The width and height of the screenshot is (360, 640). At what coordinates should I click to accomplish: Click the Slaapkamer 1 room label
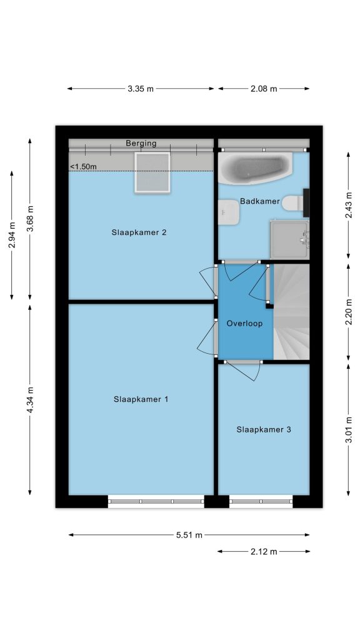[x=141, y=399]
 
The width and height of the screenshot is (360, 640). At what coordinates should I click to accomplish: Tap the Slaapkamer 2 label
[x=139, y=232]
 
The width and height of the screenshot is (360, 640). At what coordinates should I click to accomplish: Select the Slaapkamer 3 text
[x=264, y=429]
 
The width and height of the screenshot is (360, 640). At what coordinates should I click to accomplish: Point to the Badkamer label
[x=260, y=201]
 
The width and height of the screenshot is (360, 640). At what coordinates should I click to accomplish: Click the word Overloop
[x=244, y=324]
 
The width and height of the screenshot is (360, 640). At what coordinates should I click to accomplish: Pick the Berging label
[x=141, y=143]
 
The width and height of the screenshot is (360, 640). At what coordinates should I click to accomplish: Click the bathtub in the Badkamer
[x=255, y=167]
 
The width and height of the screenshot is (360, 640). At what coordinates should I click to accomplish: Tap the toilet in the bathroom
[x=293, y=203]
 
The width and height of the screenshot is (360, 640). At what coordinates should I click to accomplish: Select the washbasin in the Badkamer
[x=228, y=212]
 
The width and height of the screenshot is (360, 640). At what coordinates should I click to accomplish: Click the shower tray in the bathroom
[x=289, y=239]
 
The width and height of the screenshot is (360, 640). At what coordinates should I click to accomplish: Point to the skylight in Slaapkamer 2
[x=152, y=172]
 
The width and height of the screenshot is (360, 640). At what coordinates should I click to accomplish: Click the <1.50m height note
[x=83, y=166]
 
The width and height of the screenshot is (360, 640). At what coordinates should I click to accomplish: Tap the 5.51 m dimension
[x=189, y=535]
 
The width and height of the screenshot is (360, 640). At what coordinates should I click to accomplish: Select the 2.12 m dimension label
[x=264, y=552]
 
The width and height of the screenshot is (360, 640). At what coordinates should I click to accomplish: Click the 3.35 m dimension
[x=141, y=89]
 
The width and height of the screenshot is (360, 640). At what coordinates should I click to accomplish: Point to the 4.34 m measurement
[x=30, y=399]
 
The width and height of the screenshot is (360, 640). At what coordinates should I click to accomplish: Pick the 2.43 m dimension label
[x=349, y=205]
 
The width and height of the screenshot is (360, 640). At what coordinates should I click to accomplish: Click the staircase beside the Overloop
[x=291, y=312]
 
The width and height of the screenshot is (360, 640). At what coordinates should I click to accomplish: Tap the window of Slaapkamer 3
[x=261, y=501]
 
